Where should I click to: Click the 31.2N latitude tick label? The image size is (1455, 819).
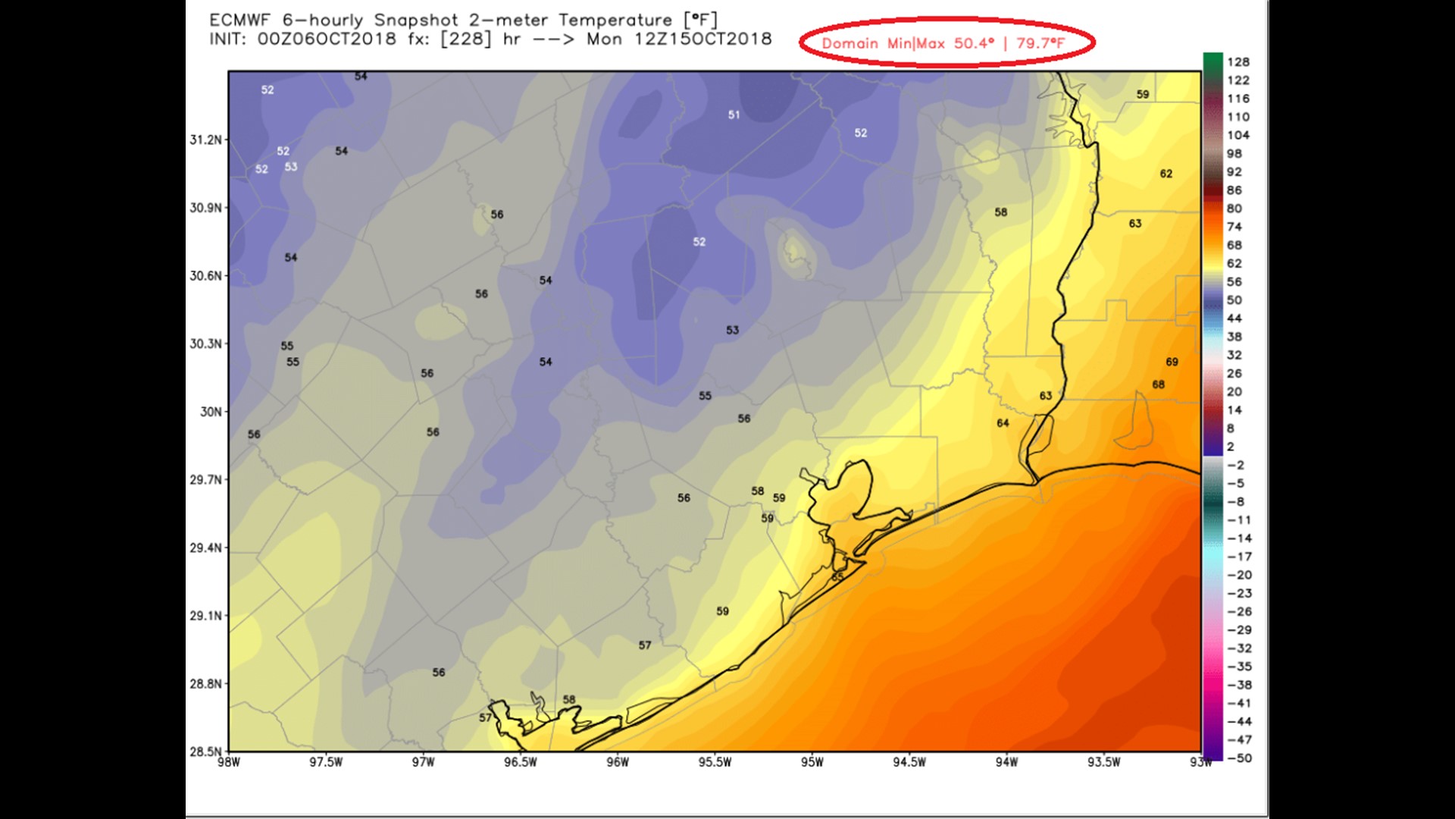206,140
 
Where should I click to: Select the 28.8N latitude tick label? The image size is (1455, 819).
206,684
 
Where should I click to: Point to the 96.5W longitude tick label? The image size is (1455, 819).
520,762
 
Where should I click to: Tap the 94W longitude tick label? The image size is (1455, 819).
1006,762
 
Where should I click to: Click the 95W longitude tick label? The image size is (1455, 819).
812,762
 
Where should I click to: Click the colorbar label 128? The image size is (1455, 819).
1238,62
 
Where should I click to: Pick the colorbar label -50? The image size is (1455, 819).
1239,758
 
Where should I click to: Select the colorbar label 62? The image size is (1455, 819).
1234,264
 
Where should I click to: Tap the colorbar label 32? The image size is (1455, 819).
1234,355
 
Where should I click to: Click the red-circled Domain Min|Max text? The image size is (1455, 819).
943,43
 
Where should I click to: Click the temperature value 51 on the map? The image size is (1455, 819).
734,115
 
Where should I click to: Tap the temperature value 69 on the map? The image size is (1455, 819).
1172,362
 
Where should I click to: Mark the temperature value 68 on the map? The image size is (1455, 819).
1158,385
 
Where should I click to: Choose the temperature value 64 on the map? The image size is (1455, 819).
1003,423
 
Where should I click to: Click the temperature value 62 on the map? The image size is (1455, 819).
1166,174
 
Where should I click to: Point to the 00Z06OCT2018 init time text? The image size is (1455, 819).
327,39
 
